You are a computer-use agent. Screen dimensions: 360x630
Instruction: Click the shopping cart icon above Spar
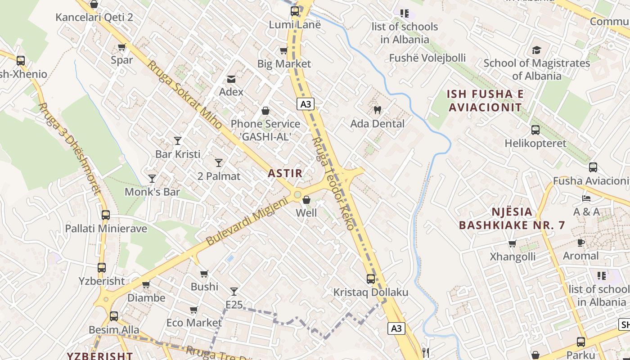click(121, 47)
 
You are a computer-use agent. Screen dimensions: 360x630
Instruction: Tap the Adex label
click(231, 92)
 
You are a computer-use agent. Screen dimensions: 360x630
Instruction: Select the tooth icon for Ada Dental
click(378, 110)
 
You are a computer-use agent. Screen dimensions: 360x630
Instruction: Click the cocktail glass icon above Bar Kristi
click(178, 141)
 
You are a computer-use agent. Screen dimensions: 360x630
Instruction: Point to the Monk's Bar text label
click(152, 192)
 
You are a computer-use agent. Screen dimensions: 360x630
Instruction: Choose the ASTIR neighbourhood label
click(285, 173)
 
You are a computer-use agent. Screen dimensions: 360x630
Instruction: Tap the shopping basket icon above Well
click(306, 199)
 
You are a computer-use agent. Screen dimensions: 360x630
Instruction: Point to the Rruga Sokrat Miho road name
click(184, 94)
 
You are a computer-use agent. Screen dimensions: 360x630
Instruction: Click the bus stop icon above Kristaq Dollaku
click(370, 279)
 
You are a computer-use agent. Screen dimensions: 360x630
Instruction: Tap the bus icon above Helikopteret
click(535, 130)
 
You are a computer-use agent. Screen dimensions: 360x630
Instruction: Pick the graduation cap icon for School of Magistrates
click(536, 50)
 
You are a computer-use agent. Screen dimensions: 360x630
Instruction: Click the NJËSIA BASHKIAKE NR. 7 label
click(512, 218)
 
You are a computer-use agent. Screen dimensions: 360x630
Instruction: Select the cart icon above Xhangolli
click(512, 244)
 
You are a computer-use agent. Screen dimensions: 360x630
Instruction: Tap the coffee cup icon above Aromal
click(581, 243)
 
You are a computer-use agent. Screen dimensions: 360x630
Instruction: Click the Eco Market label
click(194, 323)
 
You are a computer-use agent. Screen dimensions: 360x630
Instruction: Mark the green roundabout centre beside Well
click(297, 195)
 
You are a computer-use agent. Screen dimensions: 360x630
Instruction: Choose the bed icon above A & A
click(586, 198)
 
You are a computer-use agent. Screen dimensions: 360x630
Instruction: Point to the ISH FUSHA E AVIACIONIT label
click(485, 101)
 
